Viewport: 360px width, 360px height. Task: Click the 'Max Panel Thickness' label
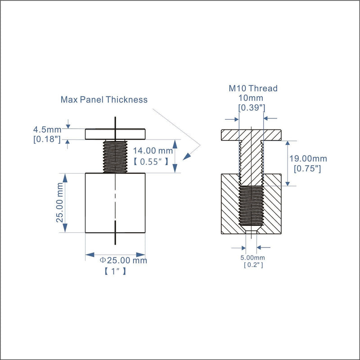(104, 99)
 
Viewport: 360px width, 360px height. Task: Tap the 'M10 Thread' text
(253, 88)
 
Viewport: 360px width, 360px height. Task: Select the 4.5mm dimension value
(47, 130)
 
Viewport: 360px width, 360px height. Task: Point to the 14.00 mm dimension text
(153, 151)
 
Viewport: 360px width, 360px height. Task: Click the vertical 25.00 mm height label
(60, 203)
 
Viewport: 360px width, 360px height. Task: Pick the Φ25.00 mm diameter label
(123, 261)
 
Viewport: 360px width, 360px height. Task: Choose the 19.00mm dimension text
(308, 159)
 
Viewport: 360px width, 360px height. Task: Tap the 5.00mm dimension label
(252, 257)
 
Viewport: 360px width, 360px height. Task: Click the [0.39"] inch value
(252, 108)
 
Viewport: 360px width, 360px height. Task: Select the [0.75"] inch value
(307, 169)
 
